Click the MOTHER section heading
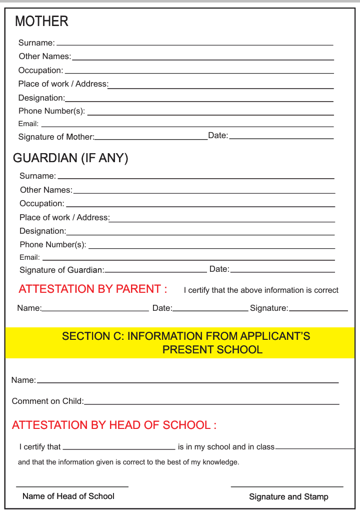pos(41,22)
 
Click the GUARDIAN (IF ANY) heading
pos(70,158)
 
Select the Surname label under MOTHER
pos(36,43)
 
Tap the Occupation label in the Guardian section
pos(42,204)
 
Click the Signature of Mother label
pos(56,137)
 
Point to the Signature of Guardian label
pos(61,270)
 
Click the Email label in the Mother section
pos(28,124)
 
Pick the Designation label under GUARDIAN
pos(42,231)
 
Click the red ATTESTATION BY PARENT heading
pos(92,289)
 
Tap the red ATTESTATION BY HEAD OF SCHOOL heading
pos(114,425)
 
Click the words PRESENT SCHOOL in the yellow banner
pos(212,349)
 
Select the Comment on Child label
pos(47,401)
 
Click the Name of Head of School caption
pos(68,496)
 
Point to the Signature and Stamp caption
pos(288,497)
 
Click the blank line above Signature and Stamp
pos(287,486)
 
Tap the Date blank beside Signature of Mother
pos(281,138)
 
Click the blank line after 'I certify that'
pos(119,448)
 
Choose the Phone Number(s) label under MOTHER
pos(51,111)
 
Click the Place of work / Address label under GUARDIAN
pos(64,218)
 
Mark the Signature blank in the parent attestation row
pos(318,310)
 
